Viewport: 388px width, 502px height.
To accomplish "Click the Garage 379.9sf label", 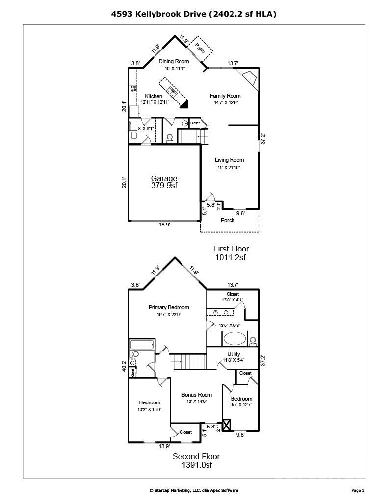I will point(164,182).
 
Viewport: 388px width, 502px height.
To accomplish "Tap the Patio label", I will point(199,48).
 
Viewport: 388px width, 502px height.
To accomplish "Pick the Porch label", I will point(228,220).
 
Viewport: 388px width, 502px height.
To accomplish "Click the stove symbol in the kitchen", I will point(133,89).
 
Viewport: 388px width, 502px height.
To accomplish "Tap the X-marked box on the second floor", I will point(227,425).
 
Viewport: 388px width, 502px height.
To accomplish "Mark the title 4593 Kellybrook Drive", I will point(194,14).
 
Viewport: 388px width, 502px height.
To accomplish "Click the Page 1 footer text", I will point(358,490).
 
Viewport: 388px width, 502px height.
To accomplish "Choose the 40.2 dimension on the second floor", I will point(124,366).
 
